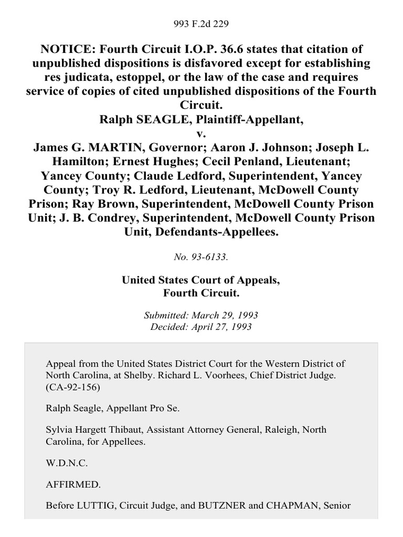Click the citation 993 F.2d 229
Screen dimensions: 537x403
pos(201,24)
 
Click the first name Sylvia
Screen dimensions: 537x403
pos(59,429)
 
